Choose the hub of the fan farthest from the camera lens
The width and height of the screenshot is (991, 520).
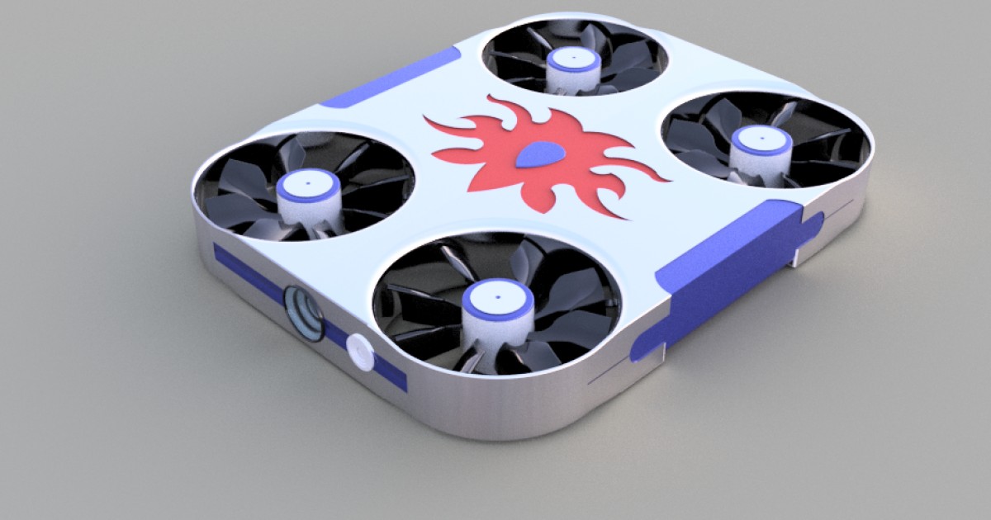tap(574, 64)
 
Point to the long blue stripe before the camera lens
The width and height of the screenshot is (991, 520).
tap(248, 272)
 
